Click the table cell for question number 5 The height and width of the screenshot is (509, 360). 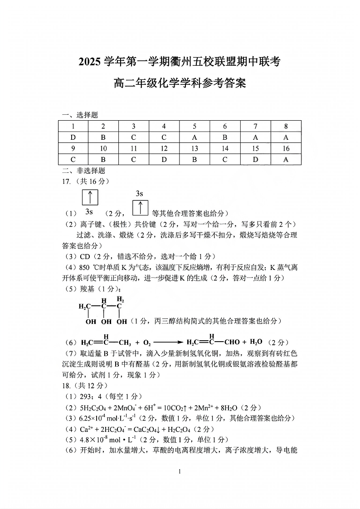[x=195, y=126]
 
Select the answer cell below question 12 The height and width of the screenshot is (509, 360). [x=164, y=159]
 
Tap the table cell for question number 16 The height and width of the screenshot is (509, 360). [x=286, y=148]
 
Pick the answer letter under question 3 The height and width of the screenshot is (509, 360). [x=134, y=137]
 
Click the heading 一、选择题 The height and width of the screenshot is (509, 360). [x=80, y=115]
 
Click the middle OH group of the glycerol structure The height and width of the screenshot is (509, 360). [x=106, y=322]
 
